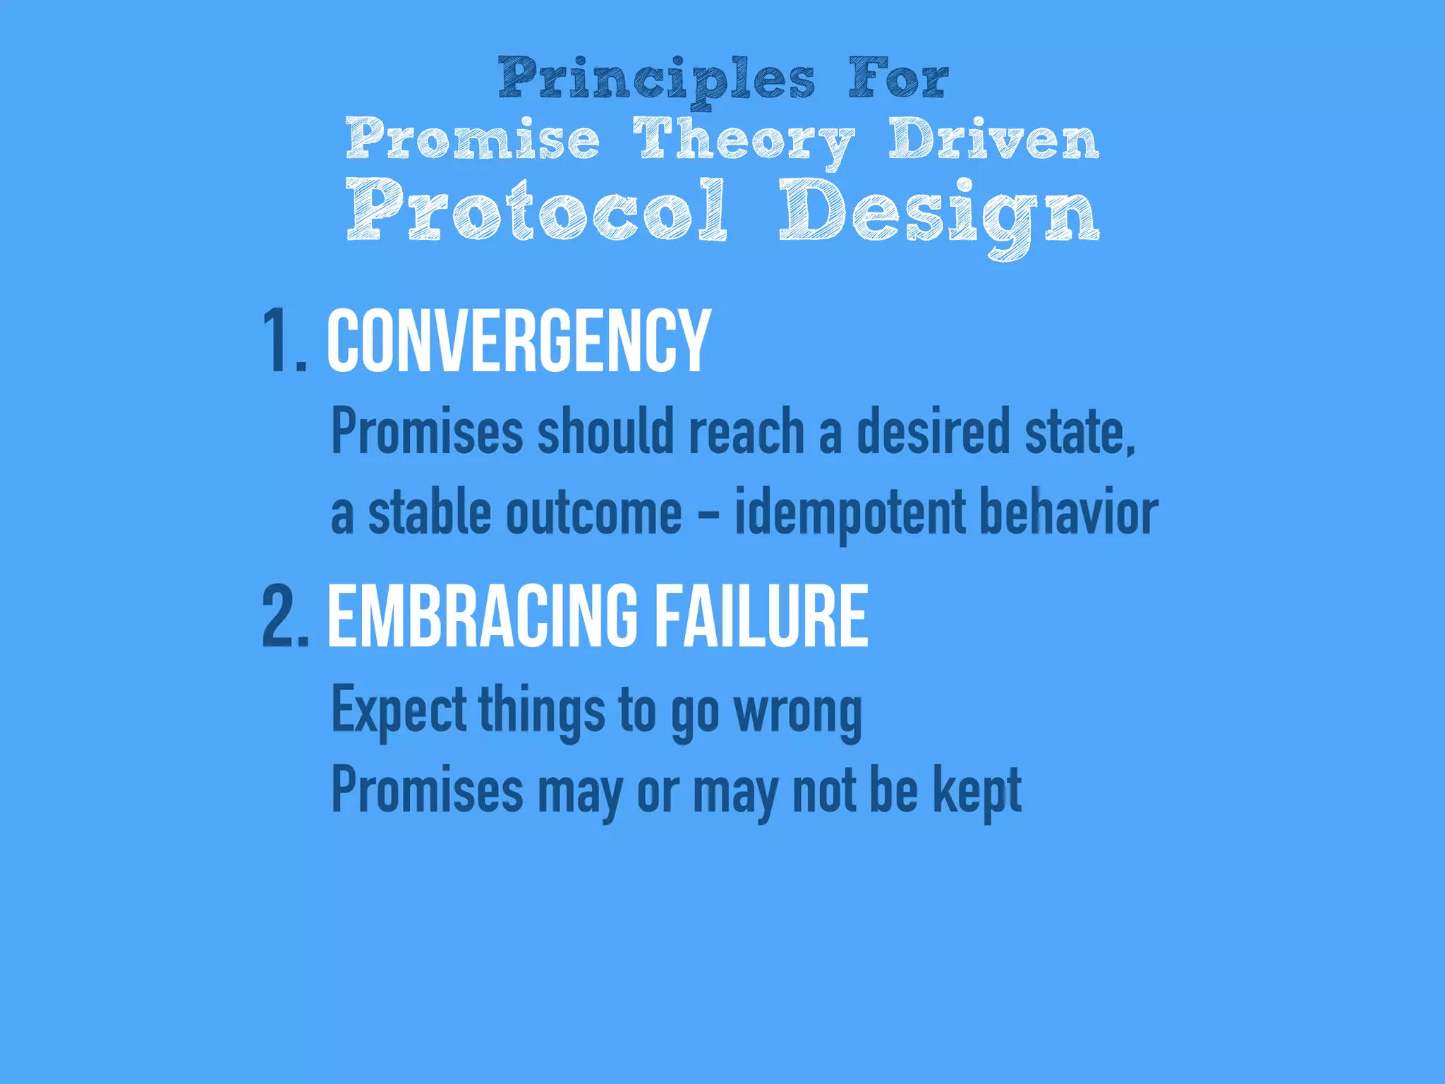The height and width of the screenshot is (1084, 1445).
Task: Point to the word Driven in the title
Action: tap(993, 140)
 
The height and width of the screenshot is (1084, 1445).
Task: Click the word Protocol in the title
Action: tap(536, 210)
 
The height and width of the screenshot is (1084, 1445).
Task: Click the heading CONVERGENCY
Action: tap(519, 342)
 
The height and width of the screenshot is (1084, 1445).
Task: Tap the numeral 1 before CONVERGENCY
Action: tap(274, 342)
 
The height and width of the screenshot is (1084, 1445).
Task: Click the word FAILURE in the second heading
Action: tap(761, 616)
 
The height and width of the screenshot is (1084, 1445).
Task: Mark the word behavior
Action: tap(1069, 512)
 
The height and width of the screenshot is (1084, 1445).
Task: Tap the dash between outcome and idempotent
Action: tap(708, 514)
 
